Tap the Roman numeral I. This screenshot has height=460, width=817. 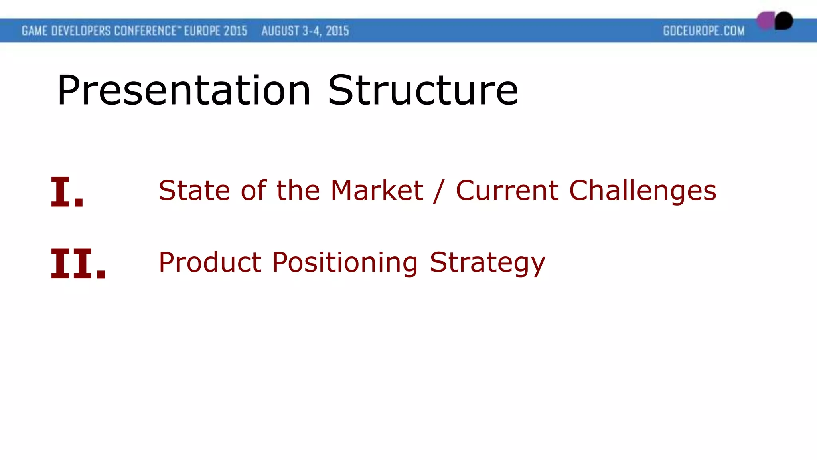coord(67,192)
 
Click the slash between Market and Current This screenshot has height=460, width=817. coord(439,191)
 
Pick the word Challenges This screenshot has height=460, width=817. coord(643,191)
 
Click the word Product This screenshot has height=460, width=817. coord(210,262)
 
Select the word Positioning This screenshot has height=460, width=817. coord(345,263)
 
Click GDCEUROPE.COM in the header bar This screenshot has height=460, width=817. coord(704,31)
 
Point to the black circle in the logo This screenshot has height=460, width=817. coord(784,20)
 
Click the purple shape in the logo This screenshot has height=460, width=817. coord(765,20)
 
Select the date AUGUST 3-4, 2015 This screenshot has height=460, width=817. coord(305,31)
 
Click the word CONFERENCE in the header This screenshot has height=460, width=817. coord(145,31)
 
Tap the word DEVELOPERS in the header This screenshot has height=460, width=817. coord(81,31)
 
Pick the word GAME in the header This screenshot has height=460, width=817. coord(35,31)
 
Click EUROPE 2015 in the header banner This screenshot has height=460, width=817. coord(215,31)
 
